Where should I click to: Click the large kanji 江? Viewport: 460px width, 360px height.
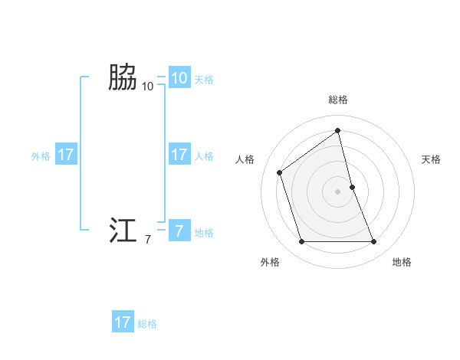[x=122, y=231]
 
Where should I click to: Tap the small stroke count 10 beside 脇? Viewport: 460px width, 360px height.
[x=148, y=87]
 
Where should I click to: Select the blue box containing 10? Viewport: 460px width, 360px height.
[x=179, y=77]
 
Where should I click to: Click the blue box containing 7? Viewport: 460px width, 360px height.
[x=179, y=231]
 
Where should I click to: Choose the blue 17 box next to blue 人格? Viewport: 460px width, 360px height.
[x=179, y=155]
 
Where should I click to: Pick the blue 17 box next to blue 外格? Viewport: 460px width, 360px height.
[x=66, y=155]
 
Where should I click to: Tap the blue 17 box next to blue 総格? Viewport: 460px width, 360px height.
[x=123, y=322]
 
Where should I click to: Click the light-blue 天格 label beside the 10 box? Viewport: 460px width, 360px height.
[x=204, y=79]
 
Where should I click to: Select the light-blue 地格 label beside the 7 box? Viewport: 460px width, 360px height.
[x=204, y=233]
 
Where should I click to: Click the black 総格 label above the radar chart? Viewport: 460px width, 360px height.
[x=338, y=100]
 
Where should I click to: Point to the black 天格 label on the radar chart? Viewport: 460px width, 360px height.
[x=431, y=159]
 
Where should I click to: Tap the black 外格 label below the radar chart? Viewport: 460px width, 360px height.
[x=270, y=262]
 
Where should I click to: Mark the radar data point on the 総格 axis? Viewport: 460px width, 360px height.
[x=338, y=131]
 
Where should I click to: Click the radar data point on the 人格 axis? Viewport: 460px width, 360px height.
[x=280, y=172]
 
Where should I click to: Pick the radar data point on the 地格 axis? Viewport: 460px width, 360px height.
[x=374, y=242]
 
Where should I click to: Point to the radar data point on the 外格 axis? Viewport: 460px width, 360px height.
[x=302, y=242]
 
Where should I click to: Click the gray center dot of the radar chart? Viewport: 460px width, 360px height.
[x=338, y=191]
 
